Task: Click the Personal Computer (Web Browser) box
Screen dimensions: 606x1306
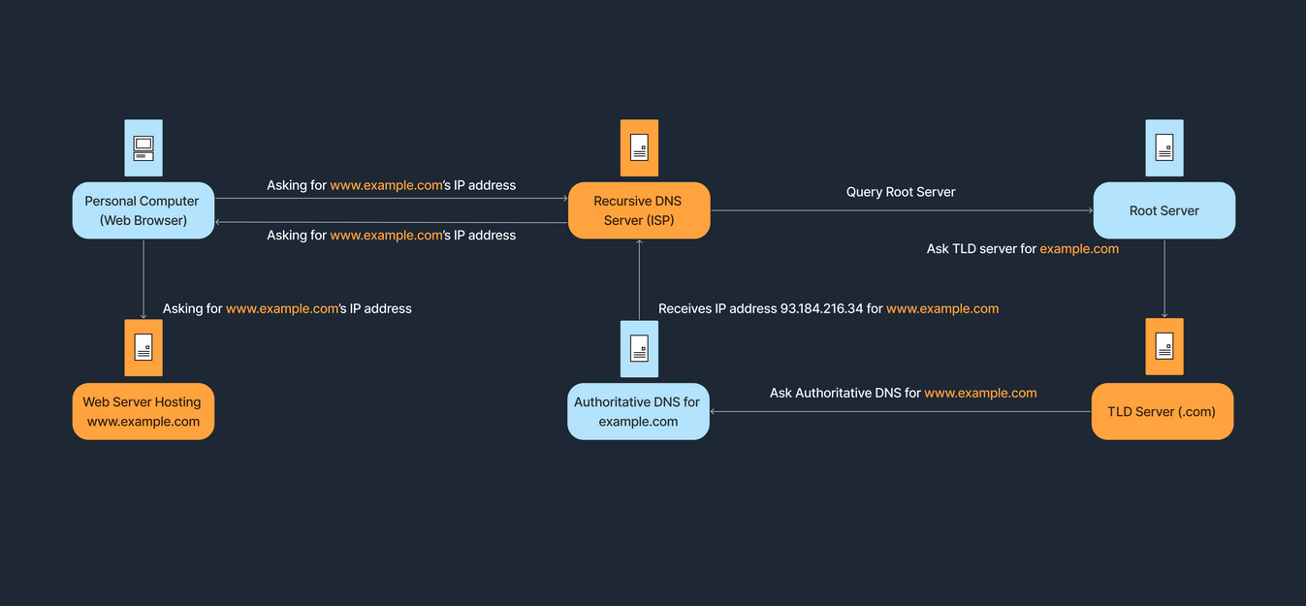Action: [x=143, y=210]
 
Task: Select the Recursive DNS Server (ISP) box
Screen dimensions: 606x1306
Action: [x=639, y=210]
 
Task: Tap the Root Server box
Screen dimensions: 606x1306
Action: [x=1163, y=210]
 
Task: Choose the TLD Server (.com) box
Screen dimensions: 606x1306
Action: [x=1162, y=411]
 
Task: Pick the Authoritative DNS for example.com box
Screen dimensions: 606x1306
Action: [x=638, y=411]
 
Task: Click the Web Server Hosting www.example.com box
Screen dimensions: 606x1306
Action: [x=143, y=411]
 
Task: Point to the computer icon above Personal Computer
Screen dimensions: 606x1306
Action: [x=143, y=147]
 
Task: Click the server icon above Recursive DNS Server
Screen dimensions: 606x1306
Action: [x=639, y=147]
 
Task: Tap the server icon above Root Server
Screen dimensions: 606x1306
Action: [x=1164, y=147]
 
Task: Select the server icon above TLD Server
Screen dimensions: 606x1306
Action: [x=1164, y=346]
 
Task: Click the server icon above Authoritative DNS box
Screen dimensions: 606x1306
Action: [x=639, y=348]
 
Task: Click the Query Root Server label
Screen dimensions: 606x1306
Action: [x=901, y=192]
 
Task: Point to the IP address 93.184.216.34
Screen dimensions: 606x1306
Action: [x=821, y=308]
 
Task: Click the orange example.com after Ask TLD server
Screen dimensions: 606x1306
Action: [x=1079, y=249]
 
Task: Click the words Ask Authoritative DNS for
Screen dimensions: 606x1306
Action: [x=844, y=393]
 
